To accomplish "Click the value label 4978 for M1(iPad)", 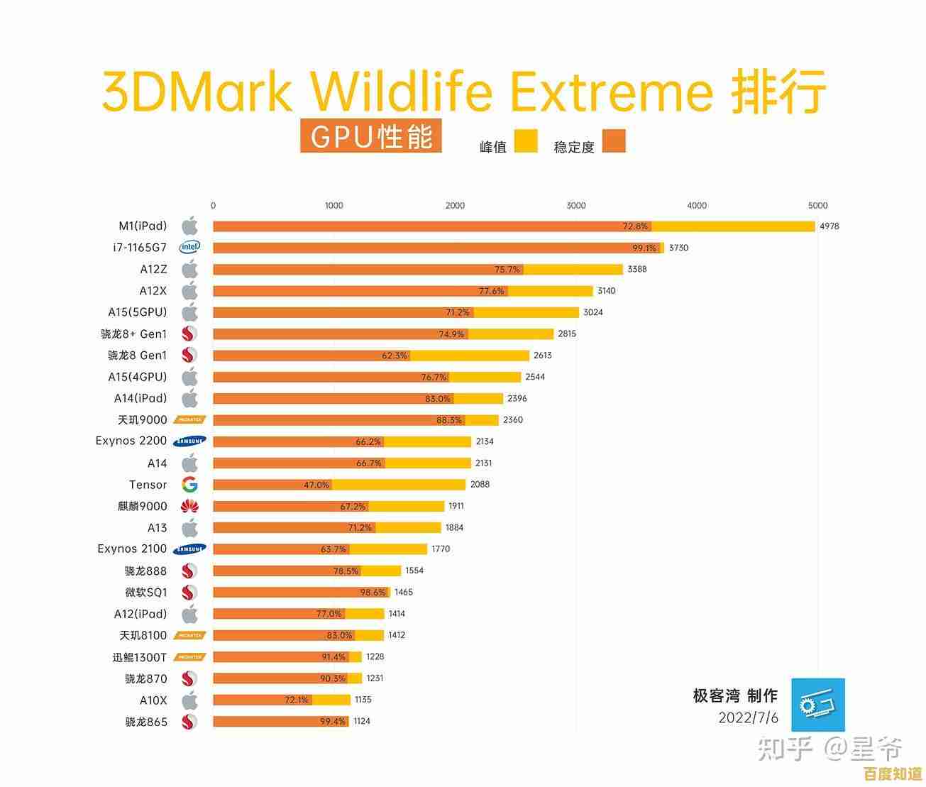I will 829,226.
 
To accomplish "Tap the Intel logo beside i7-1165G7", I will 189,248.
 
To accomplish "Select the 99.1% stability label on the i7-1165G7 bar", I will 644,248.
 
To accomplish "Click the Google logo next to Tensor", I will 189,485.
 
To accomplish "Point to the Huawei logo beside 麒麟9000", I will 189,506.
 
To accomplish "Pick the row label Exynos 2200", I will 131,441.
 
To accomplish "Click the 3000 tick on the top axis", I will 576,206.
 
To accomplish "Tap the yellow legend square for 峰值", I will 526,141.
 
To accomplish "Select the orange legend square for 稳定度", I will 614,141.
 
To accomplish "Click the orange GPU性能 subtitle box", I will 371,136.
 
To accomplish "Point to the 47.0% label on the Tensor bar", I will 316,485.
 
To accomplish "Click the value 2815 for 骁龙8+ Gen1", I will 567,334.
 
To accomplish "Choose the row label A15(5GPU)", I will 138,312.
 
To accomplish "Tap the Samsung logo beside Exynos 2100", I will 189,549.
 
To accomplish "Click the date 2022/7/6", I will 748,717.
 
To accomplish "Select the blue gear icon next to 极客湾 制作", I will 818,705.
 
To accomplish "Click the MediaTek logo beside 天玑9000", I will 189,420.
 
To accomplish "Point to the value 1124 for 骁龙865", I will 362,722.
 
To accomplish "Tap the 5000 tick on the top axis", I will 817,206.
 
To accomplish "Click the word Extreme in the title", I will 611,92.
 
